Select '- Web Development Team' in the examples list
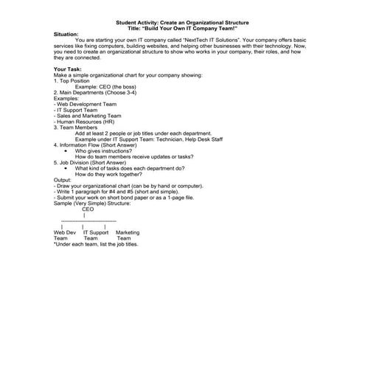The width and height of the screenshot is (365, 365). coord(84,103)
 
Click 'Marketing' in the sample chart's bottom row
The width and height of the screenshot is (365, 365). coord(128,232)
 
